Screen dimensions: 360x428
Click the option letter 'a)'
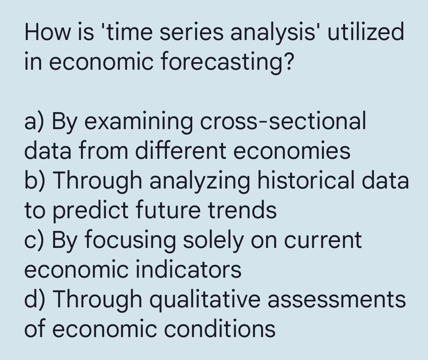[x=35, y=122]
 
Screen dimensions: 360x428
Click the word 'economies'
[x=292, y=151]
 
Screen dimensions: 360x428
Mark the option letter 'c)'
[x=35, y=240]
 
